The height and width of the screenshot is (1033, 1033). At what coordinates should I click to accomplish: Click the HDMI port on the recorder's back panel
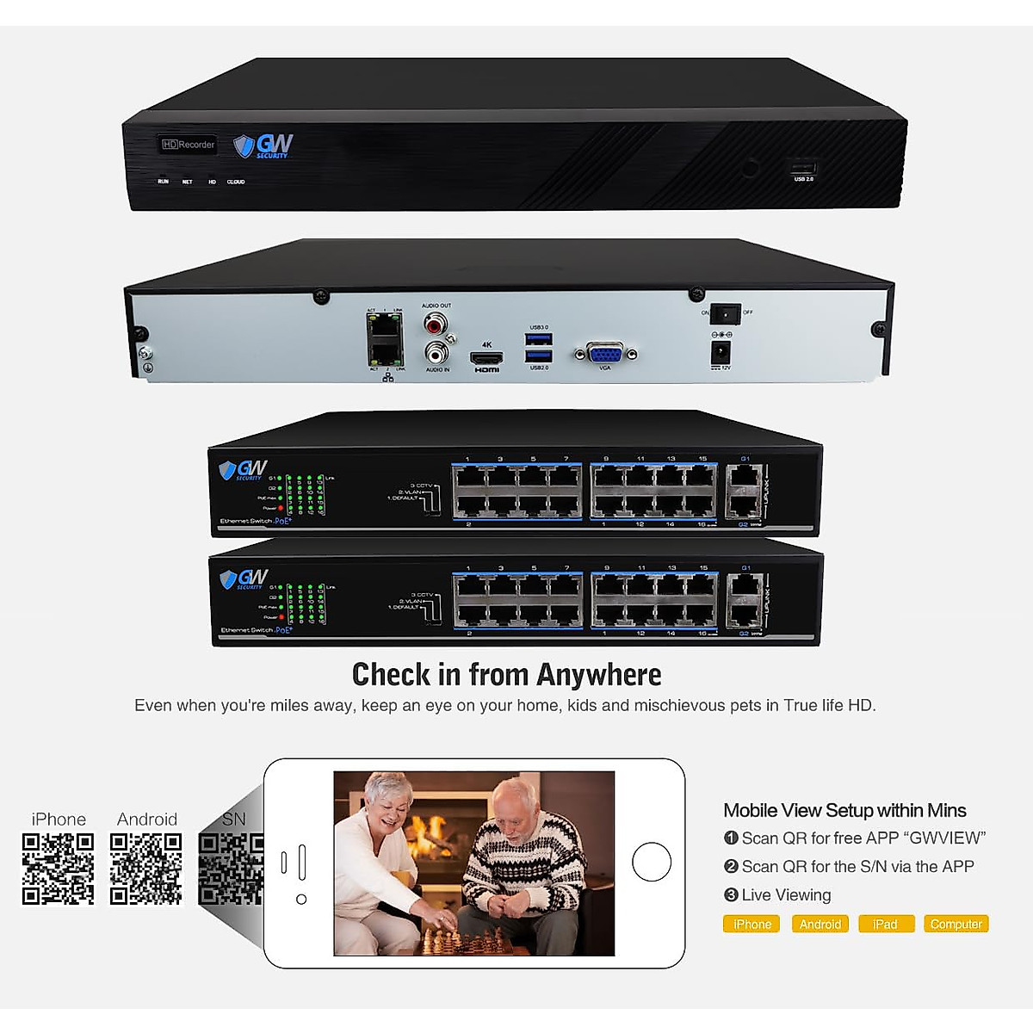point(486,357)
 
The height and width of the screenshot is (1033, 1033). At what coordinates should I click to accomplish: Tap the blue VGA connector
point(605,353)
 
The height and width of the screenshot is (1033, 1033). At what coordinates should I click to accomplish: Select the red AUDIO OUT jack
point(436,324)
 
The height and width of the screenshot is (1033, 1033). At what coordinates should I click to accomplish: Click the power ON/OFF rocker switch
point(727,312)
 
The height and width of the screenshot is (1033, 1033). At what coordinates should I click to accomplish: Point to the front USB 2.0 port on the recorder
point(803,168)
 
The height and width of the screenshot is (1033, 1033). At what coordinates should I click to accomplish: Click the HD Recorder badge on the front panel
point(188,145)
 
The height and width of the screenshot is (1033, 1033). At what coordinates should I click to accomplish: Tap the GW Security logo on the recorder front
point(263,145)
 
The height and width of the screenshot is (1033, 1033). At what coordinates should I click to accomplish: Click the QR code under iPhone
point(58,869)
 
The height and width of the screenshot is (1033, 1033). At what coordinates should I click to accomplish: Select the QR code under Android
point(146,869)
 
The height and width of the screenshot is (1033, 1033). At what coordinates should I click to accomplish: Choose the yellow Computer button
point(956,924)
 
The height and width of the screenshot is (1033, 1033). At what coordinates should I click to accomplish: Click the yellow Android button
point(820,924)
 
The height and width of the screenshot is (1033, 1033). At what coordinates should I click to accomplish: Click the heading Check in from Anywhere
point(506,674)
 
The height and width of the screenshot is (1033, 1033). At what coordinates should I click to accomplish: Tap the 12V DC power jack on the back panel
point(720,351)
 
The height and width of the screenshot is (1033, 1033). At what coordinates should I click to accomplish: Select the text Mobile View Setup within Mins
point(844,810)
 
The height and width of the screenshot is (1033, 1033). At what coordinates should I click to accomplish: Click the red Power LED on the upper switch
point(281,508)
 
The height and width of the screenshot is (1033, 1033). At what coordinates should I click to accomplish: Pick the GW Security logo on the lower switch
point(244,578)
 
